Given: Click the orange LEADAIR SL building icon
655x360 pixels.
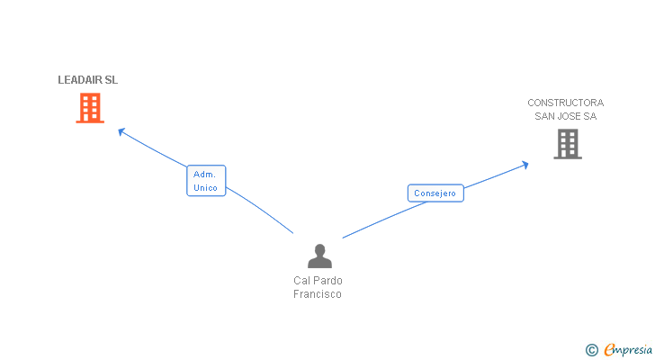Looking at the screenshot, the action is coord(89,108).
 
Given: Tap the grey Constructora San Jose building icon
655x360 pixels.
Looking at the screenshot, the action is coord(567,144).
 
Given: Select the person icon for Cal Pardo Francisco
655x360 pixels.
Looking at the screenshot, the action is coord(319,256).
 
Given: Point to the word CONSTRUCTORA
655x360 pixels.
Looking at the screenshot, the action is coord(565,103).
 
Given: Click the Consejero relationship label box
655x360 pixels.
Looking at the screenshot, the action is coord(435,193).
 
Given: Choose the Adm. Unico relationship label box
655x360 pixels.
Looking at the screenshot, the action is coord(206,181).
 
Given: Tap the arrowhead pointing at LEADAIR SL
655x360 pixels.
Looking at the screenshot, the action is coord(121,131).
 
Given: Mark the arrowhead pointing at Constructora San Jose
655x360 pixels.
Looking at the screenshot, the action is coord(525,164).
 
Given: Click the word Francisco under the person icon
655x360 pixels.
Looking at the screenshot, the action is coord(318,294).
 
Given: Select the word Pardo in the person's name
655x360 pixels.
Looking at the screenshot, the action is coord(327,281).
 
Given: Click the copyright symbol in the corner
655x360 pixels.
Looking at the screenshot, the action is coord(591,350).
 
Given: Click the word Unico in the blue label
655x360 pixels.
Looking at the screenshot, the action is coord(205,188).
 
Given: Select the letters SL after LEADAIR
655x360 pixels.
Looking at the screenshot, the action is coord(112,80).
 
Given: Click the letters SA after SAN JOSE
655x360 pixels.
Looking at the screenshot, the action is coord(589,116).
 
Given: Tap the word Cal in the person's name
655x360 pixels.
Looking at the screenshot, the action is coord(301,281).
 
